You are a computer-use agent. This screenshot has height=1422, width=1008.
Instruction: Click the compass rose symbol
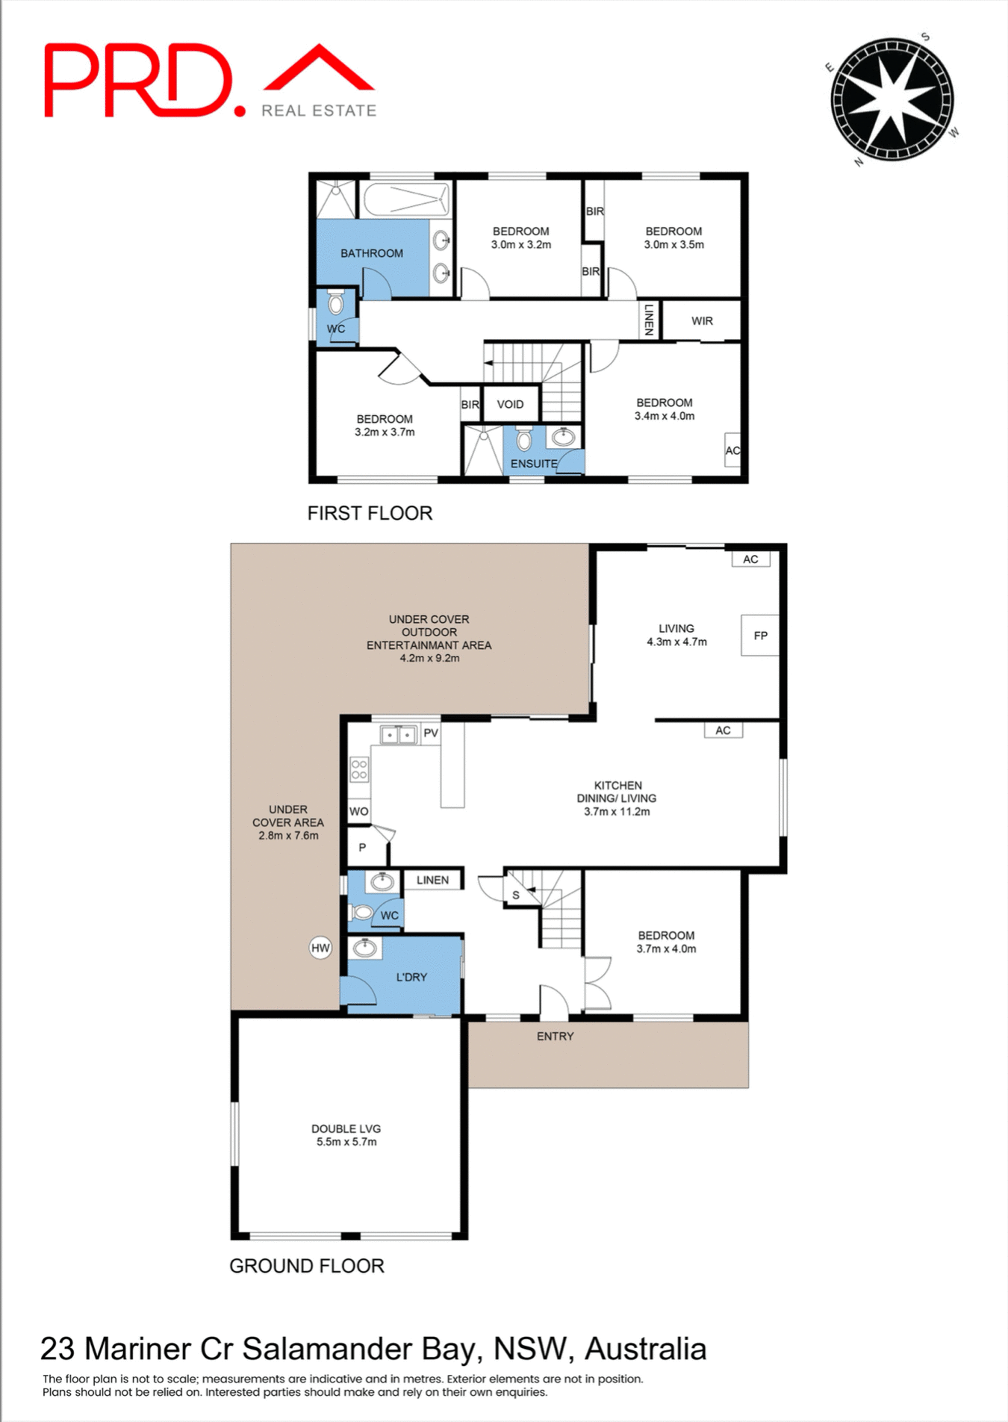pos(892,100)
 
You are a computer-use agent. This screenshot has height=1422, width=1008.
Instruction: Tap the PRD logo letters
pos(139,81)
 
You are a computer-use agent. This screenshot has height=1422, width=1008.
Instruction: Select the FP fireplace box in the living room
pos(760,636)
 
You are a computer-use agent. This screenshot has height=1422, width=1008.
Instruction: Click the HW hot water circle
pos(320,948)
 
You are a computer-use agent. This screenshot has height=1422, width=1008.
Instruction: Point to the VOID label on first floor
pos(510,404)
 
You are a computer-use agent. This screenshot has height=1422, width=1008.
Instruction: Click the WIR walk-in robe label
pos(702,321)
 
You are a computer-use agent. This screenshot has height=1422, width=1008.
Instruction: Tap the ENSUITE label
pos(533,464)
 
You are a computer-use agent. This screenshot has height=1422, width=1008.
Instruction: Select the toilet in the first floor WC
pos(336,303)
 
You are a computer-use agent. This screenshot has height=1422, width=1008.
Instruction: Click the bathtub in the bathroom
pos(407,199)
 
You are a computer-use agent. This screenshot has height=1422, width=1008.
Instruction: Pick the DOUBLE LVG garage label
pos(346,1128)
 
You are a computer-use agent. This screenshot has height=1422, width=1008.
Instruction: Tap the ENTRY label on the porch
pos(555,1036)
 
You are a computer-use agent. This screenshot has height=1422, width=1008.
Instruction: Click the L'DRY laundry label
pos(411,977)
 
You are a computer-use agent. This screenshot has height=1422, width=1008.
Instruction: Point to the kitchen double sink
pos(398,735)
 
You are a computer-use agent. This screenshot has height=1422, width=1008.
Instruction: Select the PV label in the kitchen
pos(431,733)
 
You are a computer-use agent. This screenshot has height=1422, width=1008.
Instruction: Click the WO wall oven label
pos(358,811)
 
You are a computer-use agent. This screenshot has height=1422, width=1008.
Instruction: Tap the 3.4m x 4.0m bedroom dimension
pos(665,416)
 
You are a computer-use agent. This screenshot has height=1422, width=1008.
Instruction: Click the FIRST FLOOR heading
pos(370,513)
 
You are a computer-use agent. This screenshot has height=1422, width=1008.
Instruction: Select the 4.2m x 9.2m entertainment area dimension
pos(429,658)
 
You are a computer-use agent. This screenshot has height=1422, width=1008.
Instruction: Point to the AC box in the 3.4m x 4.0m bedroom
pos(732,450)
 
